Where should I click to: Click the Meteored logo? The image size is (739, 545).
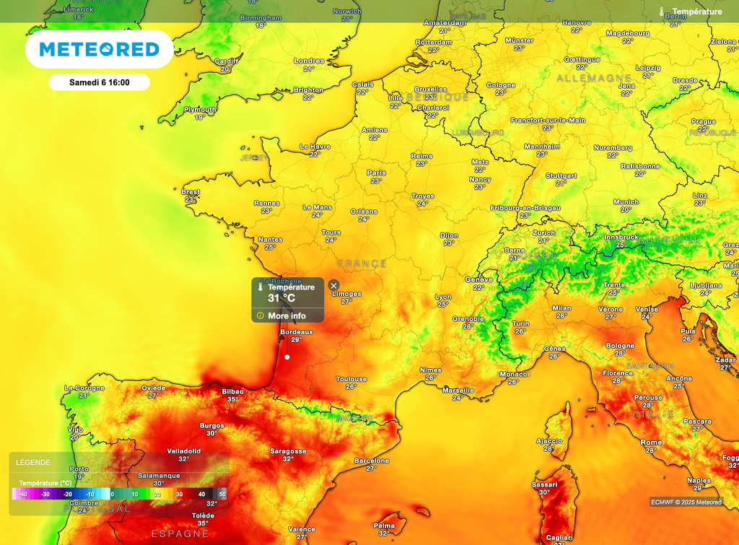[99, 49]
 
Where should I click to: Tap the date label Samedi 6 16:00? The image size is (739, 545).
[100, 82]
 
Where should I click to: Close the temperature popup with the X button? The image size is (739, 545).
[333, 286]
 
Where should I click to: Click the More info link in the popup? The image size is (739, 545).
[287, 315]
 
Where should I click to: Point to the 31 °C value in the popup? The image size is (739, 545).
[281, 297]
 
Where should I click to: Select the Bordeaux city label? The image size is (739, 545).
[296, 332]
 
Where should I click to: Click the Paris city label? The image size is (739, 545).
[376, 173]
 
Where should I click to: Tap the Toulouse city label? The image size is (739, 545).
[351, 379]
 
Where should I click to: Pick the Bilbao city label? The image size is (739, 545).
[232, 391]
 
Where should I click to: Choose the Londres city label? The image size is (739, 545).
[309, 61]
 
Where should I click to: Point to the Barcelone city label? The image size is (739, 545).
[372, 461]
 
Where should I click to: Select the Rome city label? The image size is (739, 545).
[651, 442]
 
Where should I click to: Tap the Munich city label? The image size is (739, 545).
[626, 202]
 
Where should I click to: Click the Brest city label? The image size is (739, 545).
[191, 192]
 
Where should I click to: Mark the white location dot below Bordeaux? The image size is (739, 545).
[287, 357]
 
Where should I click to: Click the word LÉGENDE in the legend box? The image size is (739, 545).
[33, 462]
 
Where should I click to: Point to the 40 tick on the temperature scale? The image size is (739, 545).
[201, 494]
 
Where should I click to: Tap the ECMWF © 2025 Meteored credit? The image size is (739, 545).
[686, 502]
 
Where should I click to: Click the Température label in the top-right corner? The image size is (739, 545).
[696, 12]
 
